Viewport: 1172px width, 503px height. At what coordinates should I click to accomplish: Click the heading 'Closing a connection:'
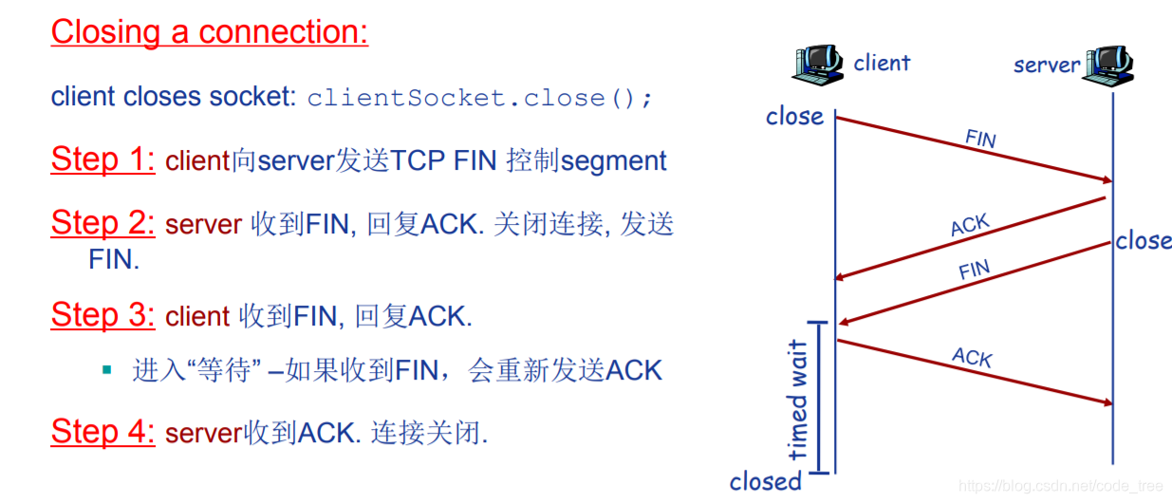[209, 32]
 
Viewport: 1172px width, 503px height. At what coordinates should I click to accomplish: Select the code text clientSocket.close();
[480, 98]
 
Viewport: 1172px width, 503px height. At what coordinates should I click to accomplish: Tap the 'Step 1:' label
[102, 159]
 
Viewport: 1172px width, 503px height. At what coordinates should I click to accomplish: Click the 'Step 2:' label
[102, 224]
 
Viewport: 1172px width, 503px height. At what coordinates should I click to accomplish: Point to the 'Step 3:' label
[102, 315]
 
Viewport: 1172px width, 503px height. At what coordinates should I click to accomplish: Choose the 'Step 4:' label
[102, 432]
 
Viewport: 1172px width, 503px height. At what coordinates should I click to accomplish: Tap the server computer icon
[1110, 65]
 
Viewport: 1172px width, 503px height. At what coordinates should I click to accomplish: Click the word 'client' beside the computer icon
[882, 64]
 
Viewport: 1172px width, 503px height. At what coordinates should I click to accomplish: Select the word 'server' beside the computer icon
[1047, 65]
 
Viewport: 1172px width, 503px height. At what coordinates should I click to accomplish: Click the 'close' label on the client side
[794, 117]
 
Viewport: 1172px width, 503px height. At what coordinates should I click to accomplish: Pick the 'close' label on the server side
[1144, 241]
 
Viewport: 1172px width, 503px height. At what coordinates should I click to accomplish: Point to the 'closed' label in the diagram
[765, 481]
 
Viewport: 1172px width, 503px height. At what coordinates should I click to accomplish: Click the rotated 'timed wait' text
[798, 399]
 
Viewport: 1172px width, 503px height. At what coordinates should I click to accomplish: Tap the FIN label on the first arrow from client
[980, 139]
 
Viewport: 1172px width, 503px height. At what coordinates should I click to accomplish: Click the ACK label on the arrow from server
[970, 226]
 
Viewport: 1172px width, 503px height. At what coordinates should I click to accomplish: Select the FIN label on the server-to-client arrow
[974, 270]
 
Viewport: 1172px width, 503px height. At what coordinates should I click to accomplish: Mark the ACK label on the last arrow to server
[972, 358]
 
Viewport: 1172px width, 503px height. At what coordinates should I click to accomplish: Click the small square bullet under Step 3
[107, 368]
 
